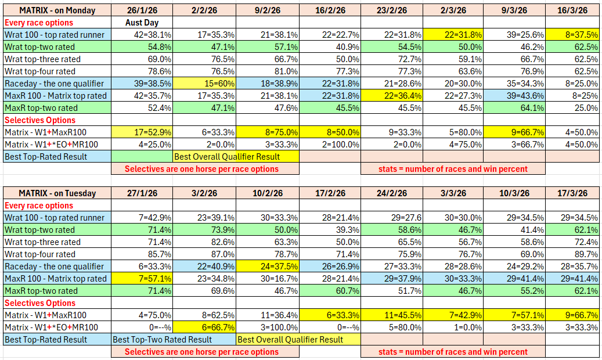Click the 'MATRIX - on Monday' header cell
click(57, 10)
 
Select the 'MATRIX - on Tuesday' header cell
click(57, 193)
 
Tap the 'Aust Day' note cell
click(142, 23)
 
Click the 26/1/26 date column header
click(142, 10)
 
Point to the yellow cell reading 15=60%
click(205, 84)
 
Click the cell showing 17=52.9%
click(142, 132)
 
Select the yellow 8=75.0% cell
click(268, 132)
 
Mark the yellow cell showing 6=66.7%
click(205, 327)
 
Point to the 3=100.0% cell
click(268, 327)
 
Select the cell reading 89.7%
click(572, 254)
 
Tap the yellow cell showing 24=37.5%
click(268, 267)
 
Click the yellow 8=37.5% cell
click(572, 35)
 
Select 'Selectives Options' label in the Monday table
click(40, 120)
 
